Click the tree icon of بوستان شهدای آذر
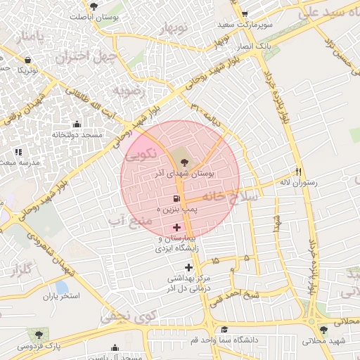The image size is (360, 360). click(174, 162)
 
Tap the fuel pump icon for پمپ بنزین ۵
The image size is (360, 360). click(176, 199)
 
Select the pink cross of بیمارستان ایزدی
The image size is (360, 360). click(176, 227)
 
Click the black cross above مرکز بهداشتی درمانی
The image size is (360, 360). click(188, 267)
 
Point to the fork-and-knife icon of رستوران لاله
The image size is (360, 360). click(298, 172)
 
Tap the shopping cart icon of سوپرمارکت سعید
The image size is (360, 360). click(244, 14)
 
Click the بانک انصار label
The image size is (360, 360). click(255, 45)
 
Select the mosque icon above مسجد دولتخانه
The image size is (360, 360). click(77, 124)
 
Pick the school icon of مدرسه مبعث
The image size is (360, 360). click(18, 151)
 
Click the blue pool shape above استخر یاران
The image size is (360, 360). click(61, 287)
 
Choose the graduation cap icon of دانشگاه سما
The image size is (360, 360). click(224, 329)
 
